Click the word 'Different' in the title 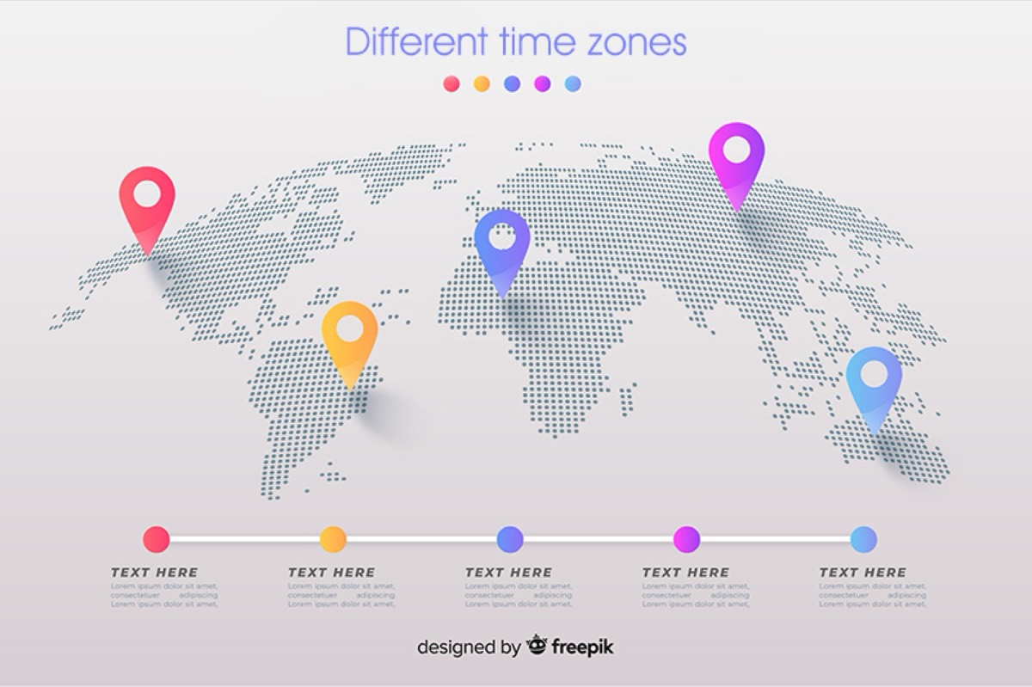(416, 41)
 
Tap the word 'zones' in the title (636, 42)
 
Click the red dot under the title (451, 83)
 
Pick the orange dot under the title (482, 83)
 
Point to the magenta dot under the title (542, 83)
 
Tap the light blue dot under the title (573, 83)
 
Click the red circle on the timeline (157, 539)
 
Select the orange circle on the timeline (333, 539)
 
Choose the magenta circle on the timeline (686, 539)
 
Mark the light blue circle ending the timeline (863, 539)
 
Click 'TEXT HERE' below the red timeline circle (155, 573)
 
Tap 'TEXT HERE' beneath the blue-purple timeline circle (509, 573)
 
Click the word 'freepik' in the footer (582, 647)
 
